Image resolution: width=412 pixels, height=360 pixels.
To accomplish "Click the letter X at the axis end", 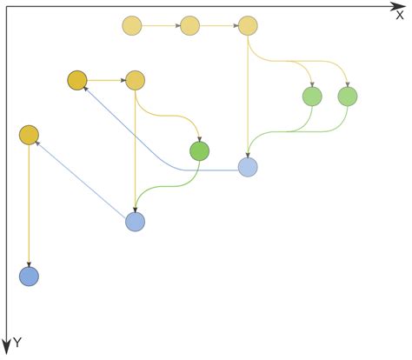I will point(400,15).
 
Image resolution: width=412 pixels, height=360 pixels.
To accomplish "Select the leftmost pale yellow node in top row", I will point(132,26).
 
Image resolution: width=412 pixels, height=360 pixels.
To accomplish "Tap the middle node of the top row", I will point(189,26).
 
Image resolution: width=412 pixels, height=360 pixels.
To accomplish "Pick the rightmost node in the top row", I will point(248,26).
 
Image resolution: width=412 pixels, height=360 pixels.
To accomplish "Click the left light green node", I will point(312,97).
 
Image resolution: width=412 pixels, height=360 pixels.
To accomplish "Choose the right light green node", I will point(348,97).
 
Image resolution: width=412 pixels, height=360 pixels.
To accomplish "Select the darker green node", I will point(200,151).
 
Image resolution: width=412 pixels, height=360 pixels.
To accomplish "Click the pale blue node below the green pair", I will point(248,167).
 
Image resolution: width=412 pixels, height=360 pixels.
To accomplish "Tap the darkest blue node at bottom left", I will point(29,277).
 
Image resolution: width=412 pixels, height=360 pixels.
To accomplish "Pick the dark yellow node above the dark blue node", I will point(29,135).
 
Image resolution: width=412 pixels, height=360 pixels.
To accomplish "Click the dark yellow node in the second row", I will point(77,81).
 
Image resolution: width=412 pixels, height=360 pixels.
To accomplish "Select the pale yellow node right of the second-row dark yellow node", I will point(135,81).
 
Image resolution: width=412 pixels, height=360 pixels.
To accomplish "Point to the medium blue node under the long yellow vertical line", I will point(135,222).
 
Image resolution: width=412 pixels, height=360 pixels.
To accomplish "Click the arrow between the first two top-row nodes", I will point(161,26).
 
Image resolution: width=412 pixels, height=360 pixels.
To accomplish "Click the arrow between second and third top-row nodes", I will point(219,26).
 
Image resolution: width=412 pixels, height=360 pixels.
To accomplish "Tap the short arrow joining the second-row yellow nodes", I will point(106,81).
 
